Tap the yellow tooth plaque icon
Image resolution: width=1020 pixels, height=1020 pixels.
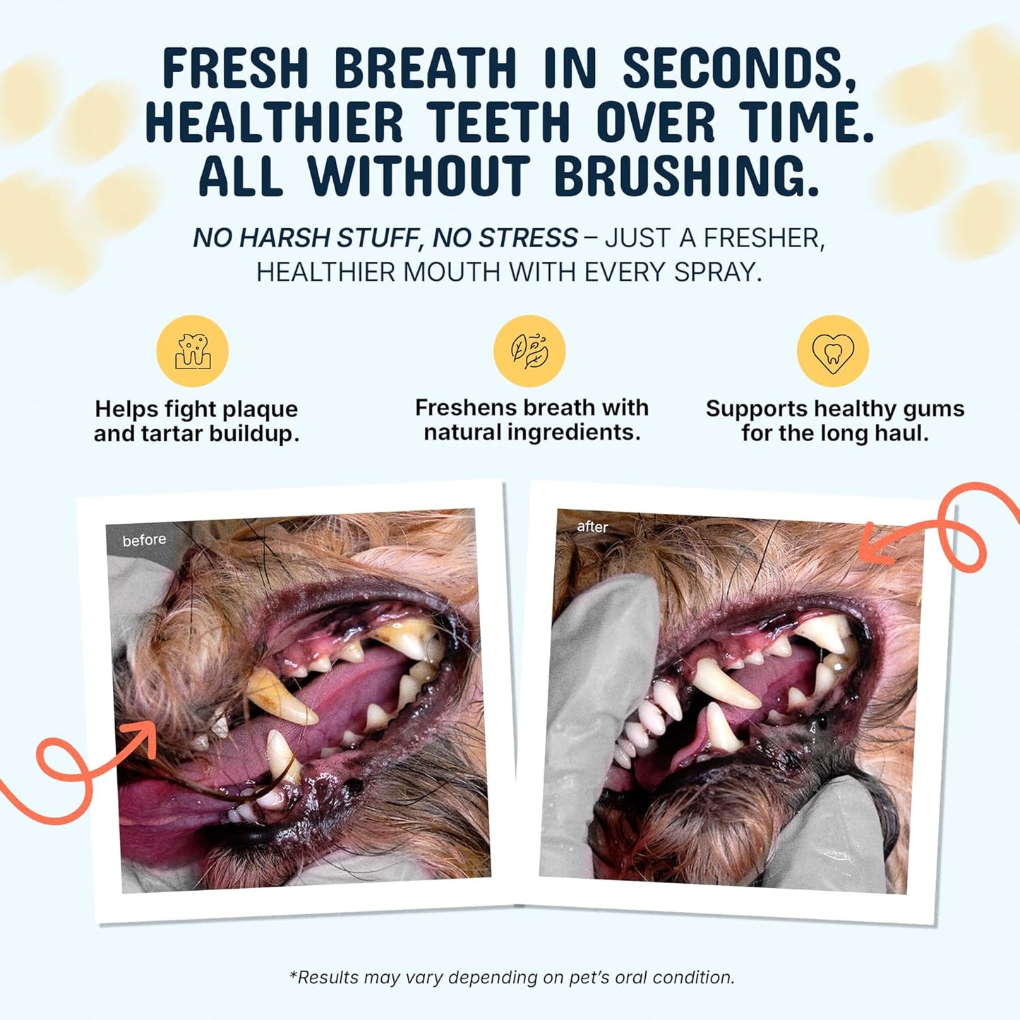tap(193, 351)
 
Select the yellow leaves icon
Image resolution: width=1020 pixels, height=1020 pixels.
tap(529, 351)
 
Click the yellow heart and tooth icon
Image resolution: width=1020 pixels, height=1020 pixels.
tap(833, 351)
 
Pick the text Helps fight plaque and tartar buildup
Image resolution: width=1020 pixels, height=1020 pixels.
tap(197, 421)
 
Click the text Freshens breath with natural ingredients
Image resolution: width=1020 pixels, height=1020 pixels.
tap(532, 419)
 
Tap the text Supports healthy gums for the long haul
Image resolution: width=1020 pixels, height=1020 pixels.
tap(834, 420)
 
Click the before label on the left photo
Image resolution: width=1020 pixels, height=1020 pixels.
tap(144, 541)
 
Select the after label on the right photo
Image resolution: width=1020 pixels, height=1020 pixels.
tap(592, 527)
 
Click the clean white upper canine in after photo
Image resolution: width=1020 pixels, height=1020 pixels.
tap(724, 685)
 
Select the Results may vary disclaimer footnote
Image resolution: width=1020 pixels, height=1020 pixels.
tap(512, 978)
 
